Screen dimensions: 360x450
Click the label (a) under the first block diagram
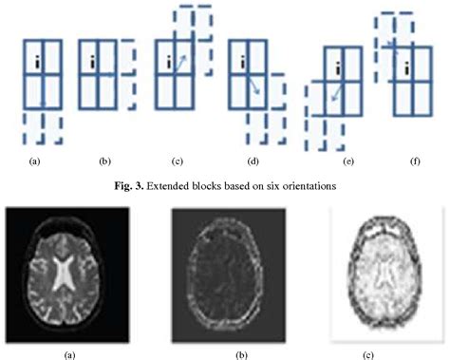pos(35,162)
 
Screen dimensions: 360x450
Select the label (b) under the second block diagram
pos(104,162)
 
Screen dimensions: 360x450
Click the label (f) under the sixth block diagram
pos(415,161)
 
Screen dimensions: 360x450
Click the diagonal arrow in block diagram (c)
pos(178,64)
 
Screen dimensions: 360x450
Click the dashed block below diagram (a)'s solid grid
pos(43,125)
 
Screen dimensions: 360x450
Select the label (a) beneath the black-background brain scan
pos(67,353)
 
